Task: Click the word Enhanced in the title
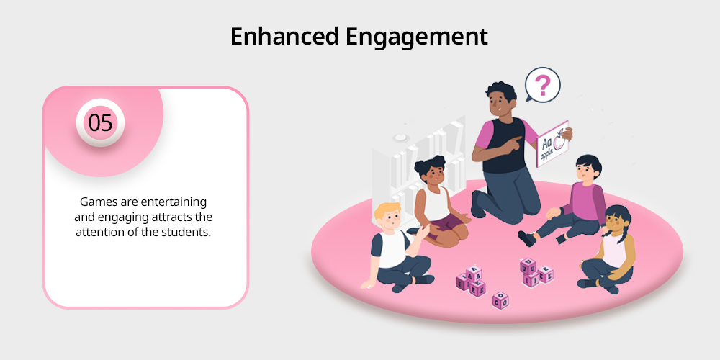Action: point(284,36)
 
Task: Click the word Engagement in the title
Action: point(416,37)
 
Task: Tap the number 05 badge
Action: point(100,122)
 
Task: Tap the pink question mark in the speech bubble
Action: point(543,86)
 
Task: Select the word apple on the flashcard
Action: point(548,155)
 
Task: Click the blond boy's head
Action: point(388,218)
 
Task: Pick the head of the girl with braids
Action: point(616,220)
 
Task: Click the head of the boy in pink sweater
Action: point(587,168)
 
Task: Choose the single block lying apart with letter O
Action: point(500,300)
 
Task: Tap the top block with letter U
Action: point(528,266)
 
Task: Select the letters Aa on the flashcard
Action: point(546,143)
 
